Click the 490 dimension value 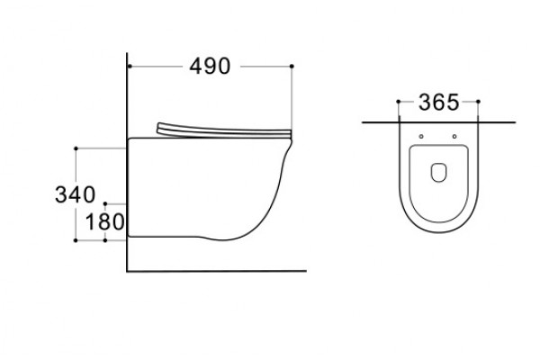click(210, 66)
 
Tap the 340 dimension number click(75, 194)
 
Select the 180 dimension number click(104, 222)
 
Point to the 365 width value click(438, 103)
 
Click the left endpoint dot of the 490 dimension click(130, 66)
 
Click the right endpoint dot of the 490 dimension click(292, 66)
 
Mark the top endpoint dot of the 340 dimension click(76, 148)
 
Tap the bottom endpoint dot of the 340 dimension click(76, 240)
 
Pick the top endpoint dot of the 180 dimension click(105, 204)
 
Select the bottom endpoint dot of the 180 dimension click(105, 240)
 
